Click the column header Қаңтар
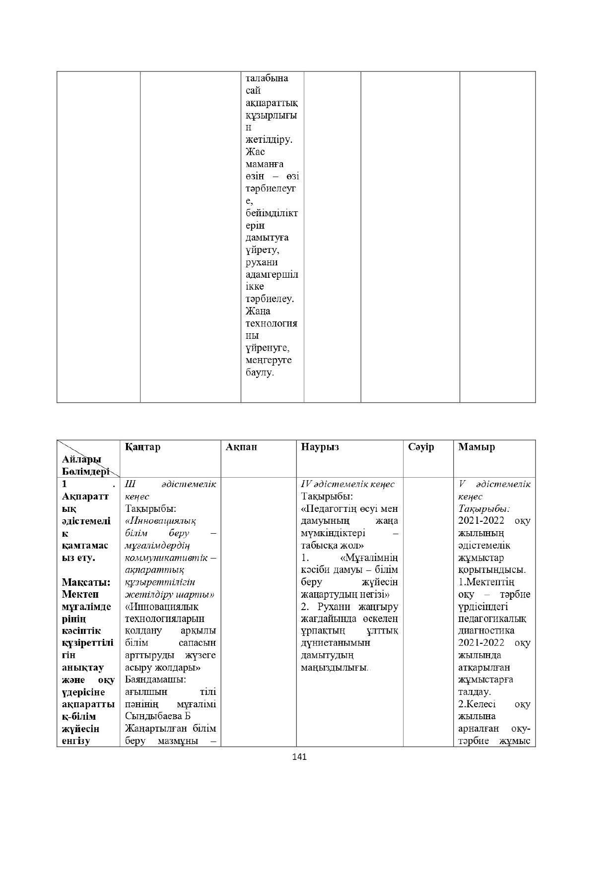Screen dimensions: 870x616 click(x=143, y=447)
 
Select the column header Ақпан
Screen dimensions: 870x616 click(x=241, y=447)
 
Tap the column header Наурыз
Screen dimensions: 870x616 click(x=320, y=447)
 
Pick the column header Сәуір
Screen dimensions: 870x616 click(x=421, y=447)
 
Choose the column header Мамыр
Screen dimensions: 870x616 click(x=477, y=447)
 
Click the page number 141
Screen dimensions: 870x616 click(x=299, y=757)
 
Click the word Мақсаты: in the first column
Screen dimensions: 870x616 click(x=86, y=582)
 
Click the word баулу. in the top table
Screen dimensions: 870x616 click(x=260, y=373)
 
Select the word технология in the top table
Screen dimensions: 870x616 click(x=272, y=323)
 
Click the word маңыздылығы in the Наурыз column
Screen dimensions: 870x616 click(x=334, y=667)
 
